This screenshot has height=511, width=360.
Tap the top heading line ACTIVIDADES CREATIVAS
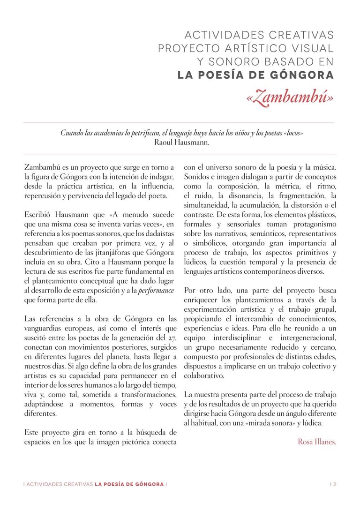[x=259, y=35]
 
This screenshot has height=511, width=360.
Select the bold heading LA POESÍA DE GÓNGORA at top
[x=256, y=75]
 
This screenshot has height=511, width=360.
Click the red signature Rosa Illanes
[x=317, y=442]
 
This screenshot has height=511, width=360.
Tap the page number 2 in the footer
[x=335, y=484]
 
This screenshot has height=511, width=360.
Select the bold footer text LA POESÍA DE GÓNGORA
[x=129, y=484]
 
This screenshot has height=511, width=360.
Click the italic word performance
[x=157, y=291]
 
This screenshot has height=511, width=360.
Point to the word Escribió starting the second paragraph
[x=39, y=215]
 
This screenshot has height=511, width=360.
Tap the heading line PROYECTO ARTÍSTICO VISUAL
[x=246, y=48]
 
